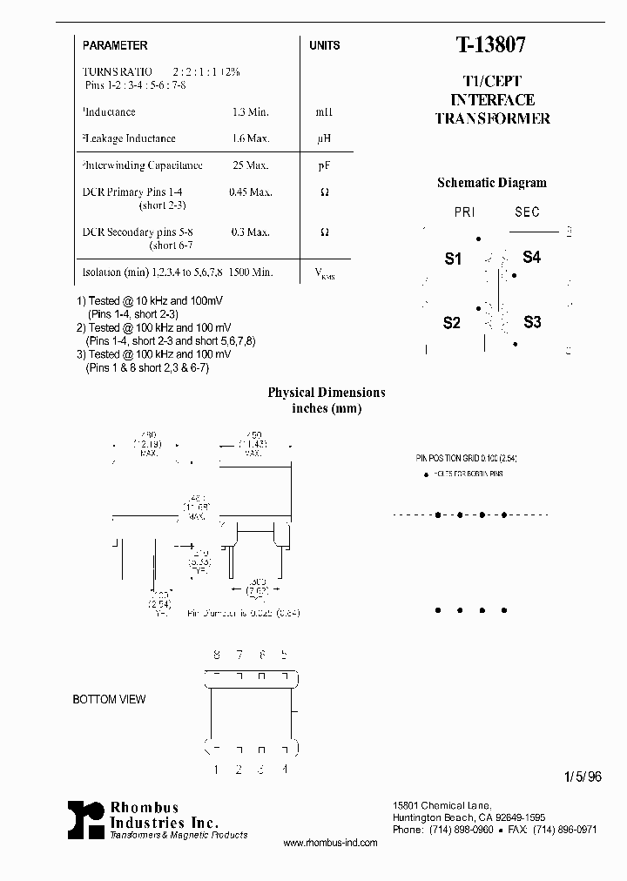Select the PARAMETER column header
click(x=115, y=45)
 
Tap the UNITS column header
click(x=324, y=45)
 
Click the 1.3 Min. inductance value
click(x=250, y=112)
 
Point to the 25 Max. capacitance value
click(x=251, y=165)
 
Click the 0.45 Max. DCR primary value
click(x=250, y=192)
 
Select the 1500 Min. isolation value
click(x=251, y=272)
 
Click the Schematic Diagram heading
click(x=491, y=183)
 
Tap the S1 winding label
click(x=453, y=259)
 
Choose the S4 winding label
click(x=531, y=258)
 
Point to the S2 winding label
click(x=451, y=323)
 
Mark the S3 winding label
click(x=532, y=322)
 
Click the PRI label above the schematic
click(x=464, y=212)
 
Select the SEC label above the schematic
click(x=527, y=212)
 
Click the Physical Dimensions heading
click(x=326, y=393)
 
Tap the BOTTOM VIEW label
click(x=109, y=699)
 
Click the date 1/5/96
click(x=583, y=778)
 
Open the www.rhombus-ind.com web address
click(x=331, y=843)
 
